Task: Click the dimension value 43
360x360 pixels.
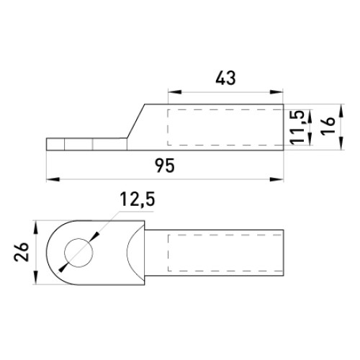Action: tap(225, 78)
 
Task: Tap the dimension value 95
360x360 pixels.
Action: tap(165, 166)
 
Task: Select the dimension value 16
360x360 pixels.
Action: tap(328, 126)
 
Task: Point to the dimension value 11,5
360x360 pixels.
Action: tap(298, 127)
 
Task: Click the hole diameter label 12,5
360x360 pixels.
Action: tap(138, 199)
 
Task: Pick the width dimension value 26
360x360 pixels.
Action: tap(22, 252)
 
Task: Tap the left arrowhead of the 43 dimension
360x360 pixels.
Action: tap(174, 92)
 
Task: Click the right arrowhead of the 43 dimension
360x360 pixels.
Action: tap(276, 92)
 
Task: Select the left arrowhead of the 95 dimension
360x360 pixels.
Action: tap(53, 179)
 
